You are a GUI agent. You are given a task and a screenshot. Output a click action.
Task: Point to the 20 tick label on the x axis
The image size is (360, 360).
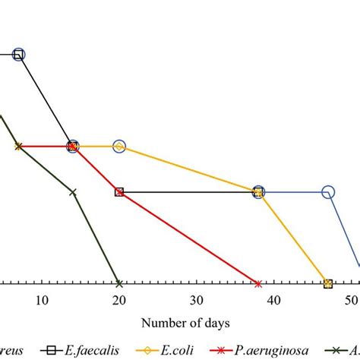(x=119, y=300)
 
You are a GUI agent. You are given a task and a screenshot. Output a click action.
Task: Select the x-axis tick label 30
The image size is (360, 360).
(x=196, y=300)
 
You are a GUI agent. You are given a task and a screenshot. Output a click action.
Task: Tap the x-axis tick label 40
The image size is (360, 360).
(x=273, y=300)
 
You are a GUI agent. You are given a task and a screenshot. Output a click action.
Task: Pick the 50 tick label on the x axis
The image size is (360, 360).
(x=350, y=300)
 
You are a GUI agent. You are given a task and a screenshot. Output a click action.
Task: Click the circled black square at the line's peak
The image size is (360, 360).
(x=18, y=54)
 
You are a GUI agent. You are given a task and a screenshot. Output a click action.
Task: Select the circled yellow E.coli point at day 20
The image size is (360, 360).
(x=119, y=146)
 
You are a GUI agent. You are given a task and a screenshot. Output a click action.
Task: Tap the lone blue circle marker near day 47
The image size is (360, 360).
(x=328, y=192)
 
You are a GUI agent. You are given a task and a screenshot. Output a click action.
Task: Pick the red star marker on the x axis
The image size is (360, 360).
(x=258, y=284)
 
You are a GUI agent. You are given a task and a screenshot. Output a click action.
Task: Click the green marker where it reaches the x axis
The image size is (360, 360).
(x=118, y=284)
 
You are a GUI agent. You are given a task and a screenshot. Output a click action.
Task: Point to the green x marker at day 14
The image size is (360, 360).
(x=73, y=192)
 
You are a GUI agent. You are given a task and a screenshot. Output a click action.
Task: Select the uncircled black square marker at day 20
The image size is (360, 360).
(x=119, y=192)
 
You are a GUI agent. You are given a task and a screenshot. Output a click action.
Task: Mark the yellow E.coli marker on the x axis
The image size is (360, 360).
(x=328, y=284)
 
